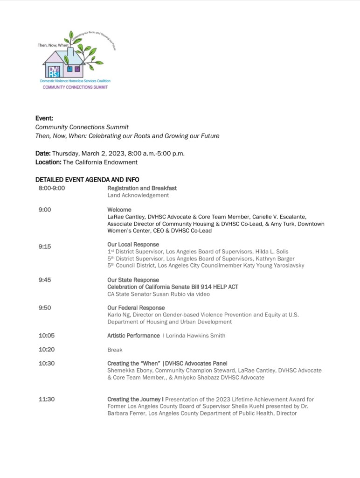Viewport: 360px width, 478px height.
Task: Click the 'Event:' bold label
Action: [x=44, y=119]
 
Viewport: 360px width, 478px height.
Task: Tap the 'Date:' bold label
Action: [x=43, y=154]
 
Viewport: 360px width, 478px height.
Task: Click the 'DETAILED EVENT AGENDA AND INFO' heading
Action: [x=87, y=180]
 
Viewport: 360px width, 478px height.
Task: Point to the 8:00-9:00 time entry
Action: [x=52, y=188]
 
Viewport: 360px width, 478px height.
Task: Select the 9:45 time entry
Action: [x=45, y=280]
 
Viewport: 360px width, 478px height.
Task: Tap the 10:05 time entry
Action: [x=46, y=336]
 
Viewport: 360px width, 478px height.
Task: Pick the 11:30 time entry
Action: [x=46, y=399]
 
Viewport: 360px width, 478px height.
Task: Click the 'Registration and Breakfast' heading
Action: [x=142, y=188]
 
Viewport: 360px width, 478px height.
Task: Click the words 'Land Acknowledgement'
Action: [x=138, y=196]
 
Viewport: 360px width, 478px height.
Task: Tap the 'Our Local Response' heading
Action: [x=133, y=245]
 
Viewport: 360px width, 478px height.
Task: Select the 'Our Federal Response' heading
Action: [x=136, y=308]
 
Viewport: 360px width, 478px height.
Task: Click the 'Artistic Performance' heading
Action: [x=133, y=336]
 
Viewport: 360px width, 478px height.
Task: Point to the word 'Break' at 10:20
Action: [x=115, y=350]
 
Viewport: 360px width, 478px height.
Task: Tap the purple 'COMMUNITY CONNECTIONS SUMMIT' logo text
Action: [x=75, y=87]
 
